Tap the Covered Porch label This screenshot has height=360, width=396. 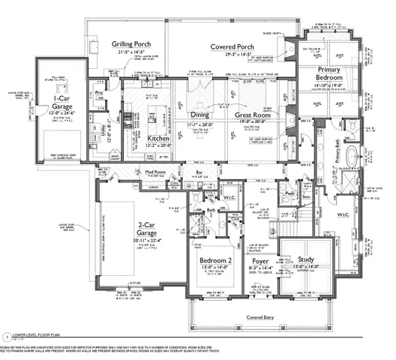click(x=234, y=46)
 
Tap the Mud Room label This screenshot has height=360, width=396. click(x=154, y=172)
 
